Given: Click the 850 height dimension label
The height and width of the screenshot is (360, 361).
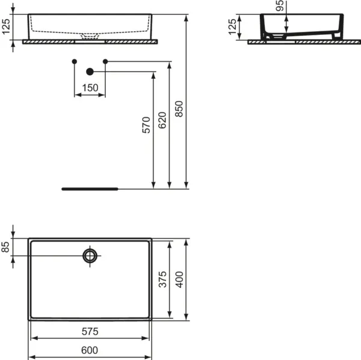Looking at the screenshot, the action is coord(179,109).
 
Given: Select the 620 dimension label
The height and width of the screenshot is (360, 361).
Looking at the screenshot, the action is coord(162,120).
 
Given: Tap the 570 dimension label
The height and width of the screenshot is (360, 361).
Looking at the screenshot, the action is coord(146,125).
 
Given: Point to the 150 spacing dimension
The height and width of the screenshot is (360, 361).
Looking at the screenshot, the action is coord(90,88).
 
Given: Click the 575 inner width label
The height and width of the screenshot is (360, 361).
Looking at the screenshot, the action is coord(90,332).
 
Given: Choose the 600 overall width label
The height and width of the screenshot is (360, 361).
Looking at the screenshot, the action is coord(90,350).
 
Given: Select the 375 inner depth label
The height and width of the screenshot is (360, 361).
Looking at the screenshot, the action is coord(162,279).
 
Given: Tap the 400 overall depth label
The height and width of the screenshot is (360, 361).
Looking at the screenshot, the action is coord(179,279).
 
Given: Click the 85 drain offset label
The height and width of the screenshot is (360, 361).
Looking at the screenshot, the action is coord(5,247).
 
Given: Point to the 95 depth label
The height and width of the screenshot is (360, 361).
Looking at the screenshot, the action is coord(280,5).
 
